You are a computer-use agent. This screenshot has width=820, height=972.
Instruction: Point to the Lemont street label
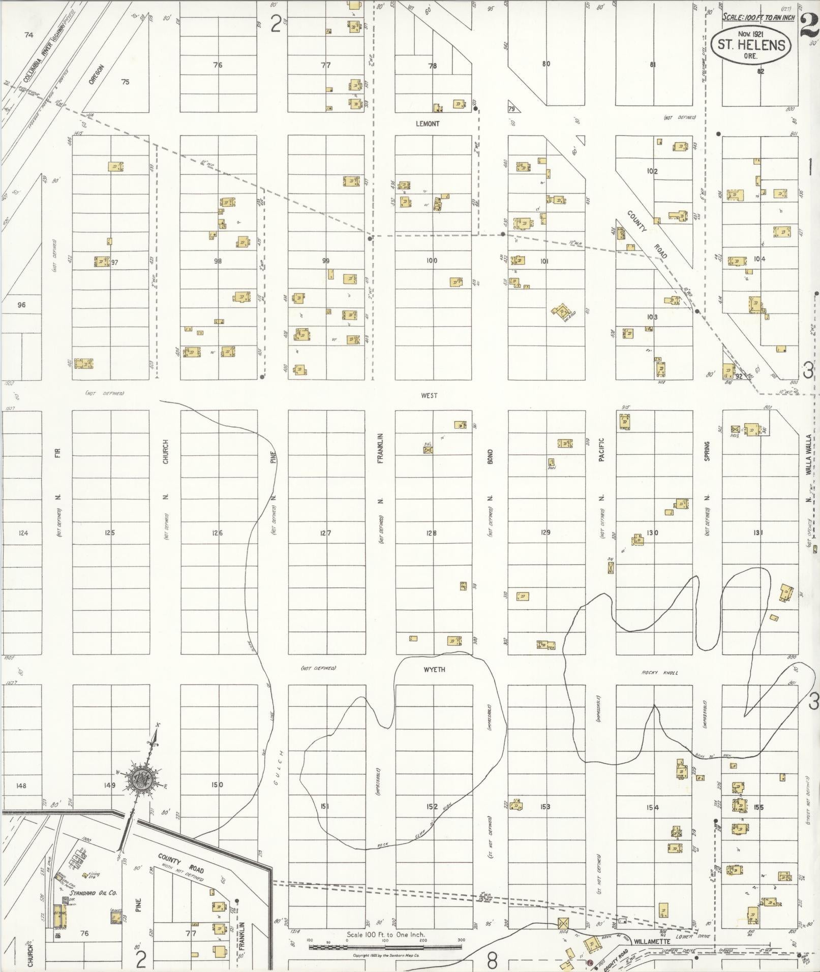click(x=427, y=123)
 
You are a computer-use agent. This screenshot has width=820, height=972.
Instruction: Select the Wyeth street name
click(x=434, y=669)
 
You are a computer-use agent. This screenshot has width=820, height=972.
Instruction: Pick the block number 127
click(x=325, y=533)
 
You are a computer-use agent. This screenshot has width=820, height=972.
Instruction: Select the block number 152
click(x=432, y=806)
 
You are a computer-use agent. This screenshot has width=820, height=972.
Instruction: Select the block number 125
click(x=110, y=533)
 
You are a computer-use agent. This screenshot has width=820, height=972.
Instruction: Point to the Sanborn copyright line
click(x=386, y=955)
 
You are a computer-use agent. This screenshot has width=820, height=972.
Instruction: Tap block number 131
click(x=758, y=533)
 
